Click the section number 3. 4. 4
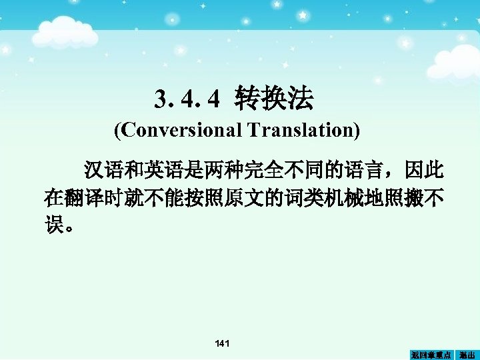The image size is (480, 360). (x=186, y=100)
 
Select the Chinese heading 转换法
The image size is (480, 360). (x=273, y=99)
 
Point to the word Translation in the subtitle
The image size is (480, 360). (x=303, y=129)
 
